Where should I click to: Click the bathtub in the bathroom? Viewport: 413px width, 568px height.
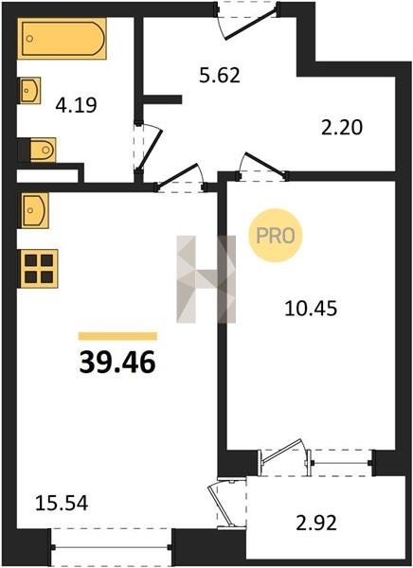62,39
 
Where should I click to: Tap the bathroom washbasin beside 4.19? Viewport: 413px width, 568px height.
29,90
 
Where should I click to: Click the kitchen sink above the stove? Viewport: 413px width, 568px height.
34,210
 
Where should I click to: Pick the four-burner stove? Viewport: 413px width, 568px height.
39,269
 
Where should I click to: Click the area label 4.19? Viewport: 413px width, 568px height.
76,106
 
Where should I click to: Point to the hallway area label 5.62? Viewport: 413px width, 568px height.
220,76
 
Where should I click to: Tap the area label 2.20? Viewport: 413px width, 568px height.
342,128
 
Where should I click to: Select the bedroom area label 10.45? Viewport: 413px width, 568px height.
311,309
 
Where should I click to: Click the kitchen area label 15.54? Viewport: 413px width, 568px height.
62,504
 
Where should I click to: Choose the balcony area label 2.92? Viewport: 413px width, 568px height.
316,524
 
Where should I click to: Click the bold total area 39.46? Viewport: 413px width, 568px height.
117,363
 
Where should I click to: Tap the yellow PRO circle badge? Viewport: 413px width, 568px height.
276,236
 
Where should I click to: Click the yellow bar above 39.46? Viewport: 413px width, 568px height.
117,336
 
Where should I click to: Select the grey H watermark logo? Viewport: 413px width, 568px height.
206,279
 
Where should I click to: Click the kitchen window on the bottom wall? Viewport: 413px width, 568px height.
111,547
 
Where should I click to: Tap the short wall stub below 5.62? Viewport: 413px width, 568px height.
162,99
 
